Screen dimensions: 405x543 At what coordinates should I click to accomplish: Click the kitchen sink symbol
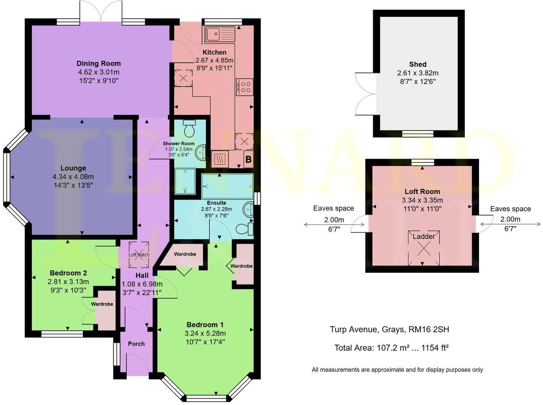(x=220, y=34)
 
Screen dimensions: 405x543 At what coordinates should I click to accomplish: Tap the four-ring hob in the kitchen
(x=244, y=87)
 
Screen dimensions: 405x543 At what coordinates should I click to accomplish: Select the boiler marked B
(x=248, y=159)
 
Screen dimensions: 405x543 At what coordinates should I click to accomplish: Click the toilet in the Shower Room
(x=190, y=129)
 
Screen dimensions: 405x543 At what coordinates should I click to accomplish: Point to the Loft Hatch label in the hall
(x=139, y=255)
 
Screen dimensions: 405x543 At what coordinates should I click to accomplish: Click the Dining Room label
(x=99, y=63)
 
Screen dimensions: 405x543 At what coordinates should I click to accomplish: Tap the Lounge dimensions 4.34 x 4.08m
(x=73, y=177)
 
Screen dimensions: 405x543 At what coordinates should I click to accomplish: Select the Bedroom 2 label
(x=68, y=273)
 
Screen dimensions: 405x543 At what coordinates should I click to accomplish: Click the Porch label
(x=136, y=343)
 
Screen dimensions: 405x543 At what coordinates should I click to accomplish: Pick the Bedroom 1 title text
(x=205, y=325)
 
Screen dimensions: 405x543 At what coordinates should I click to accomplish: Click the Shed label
(x=418, y=64)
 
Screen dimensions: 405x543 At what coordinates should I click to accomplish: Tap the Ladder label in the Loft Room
(x=424, y=236)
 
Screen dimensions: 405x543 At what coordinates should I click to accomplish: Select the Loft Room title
(x=422, y=191)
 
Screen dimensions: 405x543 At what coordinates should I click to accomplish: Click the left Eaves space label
(x=333, y=208)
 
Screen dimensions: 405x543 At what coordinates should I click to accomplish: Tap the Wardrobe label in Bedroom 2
(x=102, y=304)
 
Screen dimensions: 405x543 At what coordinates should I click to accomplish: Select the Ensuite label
(x=216, y=203)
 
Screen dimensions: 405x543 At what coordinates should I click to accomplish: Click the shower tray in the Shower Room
(x=185, y=181)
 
